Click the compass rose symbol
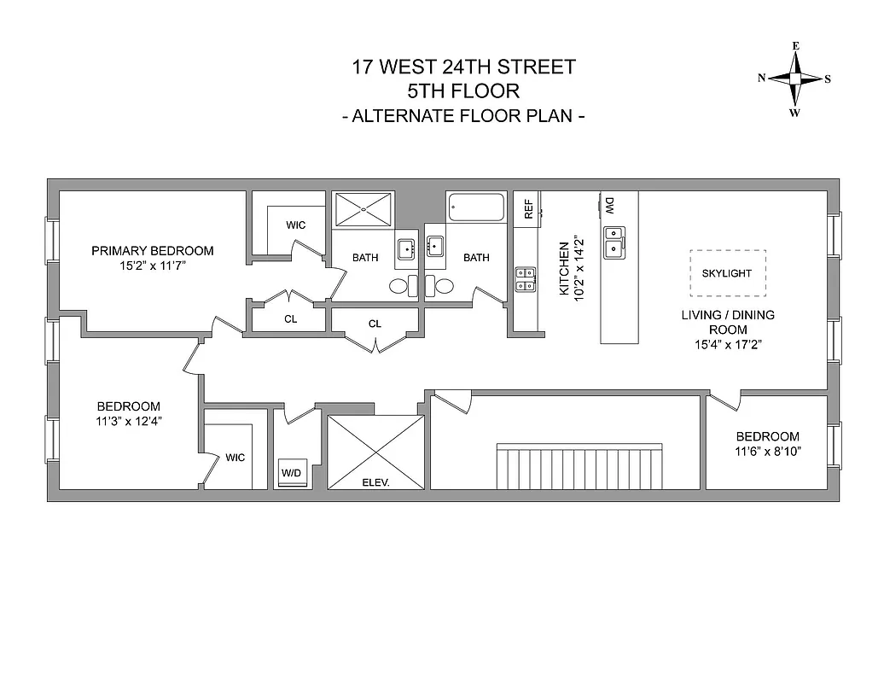click(795, 79)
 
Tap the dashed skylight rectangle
click(727, 272)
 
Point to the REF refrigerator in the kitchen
click(528, 209)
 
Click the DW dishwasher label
click(610, 205)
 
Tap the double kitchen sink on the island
click(613, 242)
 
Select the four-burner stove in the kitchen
click(526, 279)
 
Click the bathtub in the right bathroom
click(475, 207)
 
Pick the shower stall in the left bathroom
click(363, 209)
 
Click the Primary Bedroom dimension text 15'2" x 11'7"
click(152, 266)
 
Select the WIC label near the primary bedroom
click(295, 225)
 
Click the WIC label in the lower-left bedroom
click(235, 458)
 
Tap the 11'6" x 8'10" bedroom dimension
click(768, 452)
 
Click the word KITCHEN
click(564, 268)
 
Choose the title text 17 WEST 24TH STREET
click(463, 67)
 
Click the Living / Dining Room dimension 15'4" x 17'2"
click(727, 345)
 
